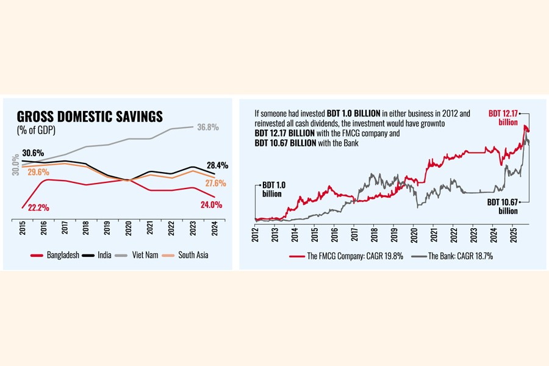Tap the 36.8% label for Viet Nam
pos(206,127)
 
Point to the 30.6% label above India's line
pos(34,152)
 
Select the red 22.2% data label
pos(37,208)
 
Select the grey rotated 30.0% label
pos(15,164)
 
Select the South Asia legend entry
pos(187,255)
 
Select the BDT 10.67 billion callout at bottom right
pos(503,206)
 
